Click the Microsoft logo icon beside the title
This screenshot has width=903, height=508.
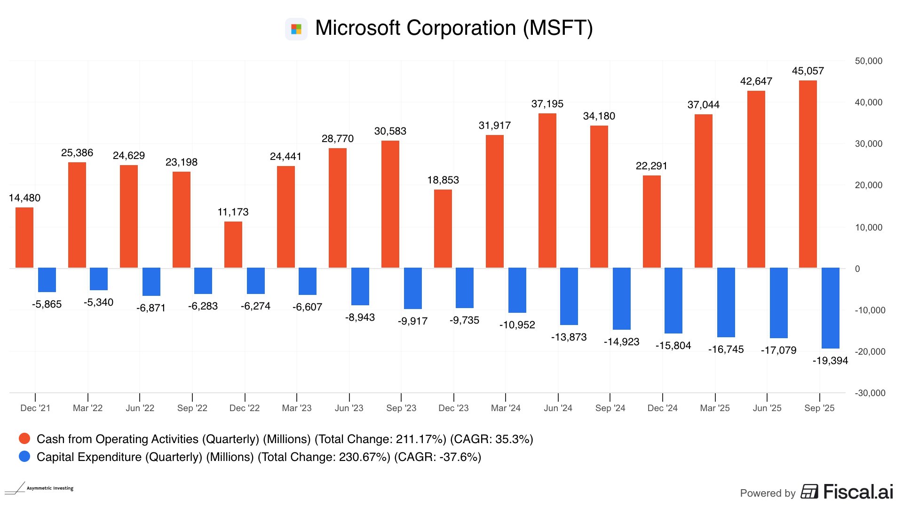click(296, 29)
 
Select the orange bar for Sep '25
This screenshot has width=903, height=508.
click(808, 174)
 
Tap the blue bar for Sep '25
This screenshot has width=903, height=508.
click(830, 308)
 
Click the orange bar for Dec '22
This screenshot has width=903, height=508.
click(233, 245)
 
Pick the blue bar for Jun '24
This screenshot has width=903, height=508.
click(569, 296)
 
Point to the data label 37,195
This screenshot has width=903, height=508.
click(547, 104)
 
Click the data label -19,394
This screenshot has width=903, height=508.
click(830, 361)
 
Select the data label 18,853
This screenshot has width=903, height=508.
click(443, 180)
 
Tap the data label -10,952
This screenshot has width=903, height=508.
click(517, 325)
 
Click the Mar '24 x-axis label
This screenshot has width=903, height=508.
click(506, 408)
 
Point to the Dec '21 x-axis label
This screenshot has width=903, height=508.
click(35, 408)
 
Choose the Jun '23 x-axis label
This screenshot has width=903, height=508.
click(349, 408)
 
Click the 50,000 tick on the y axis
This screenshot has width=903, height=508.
click(868, 61)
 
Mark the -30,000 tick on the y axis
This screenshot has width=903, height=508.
click(870, 393)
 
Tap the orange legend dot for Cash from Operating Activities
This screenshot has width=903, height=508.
click(24, 439)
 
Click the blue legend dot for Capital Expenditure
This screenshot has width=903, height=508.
click(24, 457)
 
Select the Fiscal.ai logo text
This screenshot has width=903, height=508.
click(858, 492)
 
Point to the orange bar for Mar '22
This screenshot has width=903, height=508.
click(77, 215)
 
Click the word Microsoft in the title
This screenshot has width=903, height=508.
click(358, 28)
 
